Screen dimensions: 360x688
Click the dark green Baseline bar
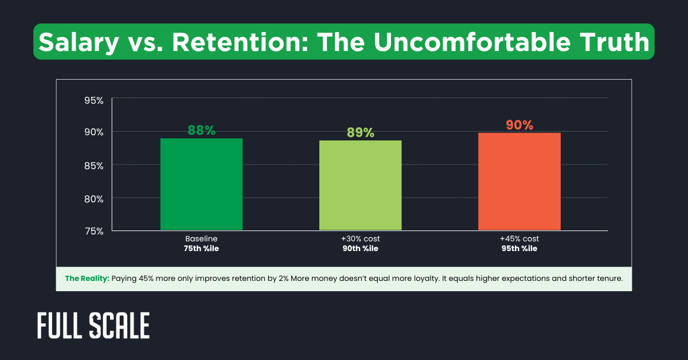pos(201,185)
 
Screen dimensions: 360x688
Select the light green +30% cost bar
pos(360,186)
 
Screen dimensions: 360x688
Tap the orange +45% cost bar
pos(519,182)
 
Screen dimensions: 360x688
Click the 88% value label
pos(201,130)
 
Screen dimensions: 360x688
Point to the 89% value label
pos(360,132)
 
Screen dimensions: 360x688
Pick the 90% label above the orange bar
pos(519,125)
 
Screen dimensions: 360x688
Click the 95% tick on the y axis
pos(93,101)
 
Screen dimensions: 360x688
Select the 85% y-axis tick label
pos(93,166)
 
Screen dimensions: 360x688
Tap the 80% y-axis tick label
pos(93,199)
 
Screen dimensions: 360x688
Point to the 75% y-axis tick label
pos(93,231)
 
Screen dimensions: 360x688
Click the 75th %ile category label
pos(201,249)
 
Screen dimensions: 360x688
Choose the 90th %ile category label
pos(360,249)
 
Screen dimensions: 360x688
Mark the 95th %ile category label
pos(519,249)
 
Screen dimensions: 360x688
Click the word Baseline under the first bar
pos(201,238)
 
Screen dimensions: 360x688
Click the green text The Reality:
pos(87,279)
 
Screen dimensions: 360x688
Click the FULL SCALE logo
pos(93,326)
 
